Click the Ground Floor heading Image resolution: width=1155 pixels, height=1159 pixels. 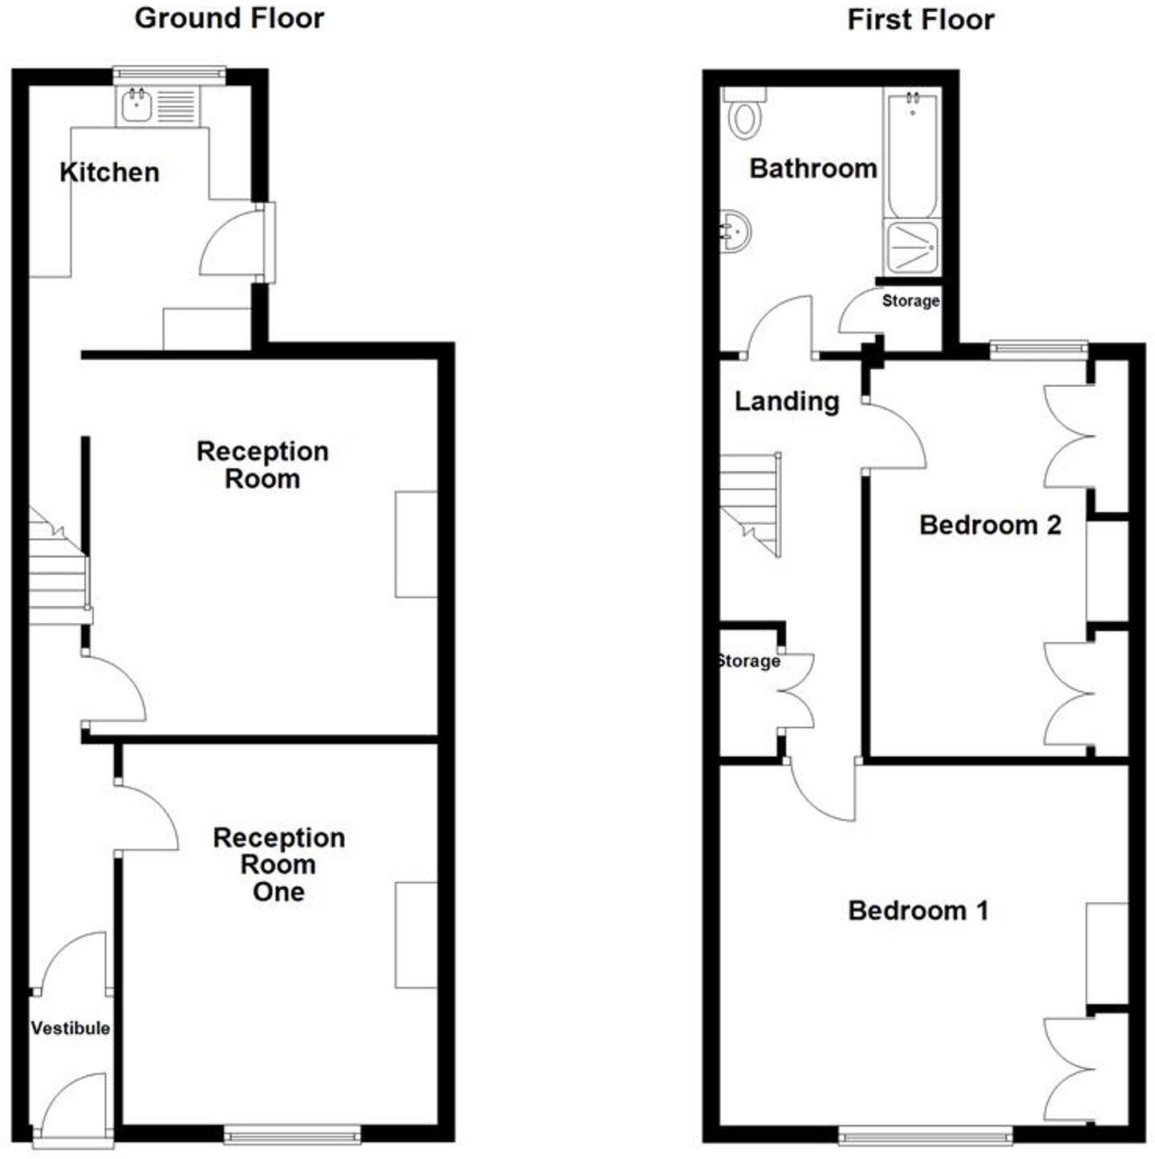pyautogui.click(x=229, y=18)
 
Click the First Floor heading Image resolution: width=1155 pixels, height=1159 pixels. pyautogui.click(x=921, y=20)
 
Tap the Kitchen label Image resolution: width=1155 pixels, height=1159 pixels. pyautogui.click(x=109, y=172)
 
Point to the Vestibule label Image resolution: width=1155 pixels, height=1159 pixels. pyautogui.click(x=71, y=1028)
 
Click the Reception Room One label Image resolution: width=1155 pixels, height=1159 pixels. pyautogui.click(x=278, y=864)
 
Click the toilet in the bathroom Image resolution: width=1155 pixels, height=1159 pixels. pyautogui.click(x=745, y=116)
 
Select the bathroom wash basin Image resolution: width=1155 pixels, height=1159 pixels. pyautogui.click(x=735, y=231)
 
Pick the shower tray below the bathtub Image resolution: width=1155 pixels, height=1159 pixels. pyautogui.click(x=912, y=246)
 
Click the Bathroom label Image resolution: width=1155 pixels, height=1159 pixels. pyautogui.click(x=813, y=169)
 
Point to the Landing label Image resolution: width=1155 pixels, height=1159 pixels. pyautogui.click(x=787, y=401)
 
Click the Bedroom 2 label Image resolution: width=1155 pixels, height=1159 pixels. pyautogui.click(x=990, y=525)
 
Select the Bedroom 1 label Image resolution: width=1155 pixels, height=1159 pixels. pyautogui.click(x=918, y=910)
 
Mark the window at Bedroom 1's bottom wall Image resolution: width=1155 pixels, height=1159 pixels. pyautogui.click(x=926, y=1135)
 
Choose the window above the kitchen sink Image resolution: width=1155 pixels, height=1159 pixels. pyautogui.click(x=168, y=75)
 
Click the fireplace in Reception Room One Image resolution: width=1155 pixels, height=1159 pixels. pyautogui.click(x=416, y=935)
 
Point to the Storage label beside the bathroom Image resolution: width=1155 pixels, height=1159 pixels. pyautogui.click(x=910, y=301)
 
